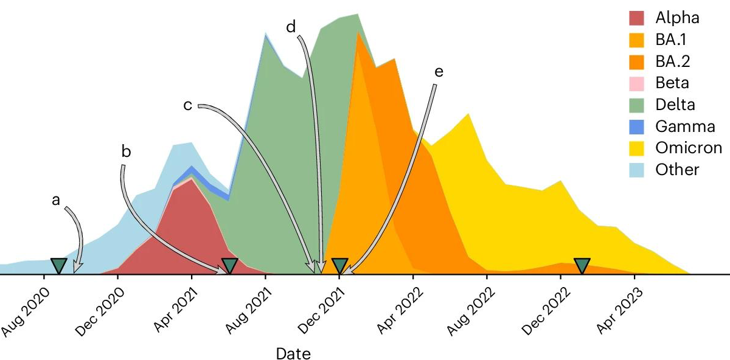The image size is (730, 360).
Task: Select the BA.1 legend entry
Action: coord(673,40)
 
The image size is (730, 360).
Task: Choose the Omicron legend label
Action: coord(689,148)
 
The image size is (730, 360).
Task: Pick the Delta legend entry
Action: coord(675,105)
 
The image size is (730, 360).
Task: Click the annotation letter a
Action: coord(56,199)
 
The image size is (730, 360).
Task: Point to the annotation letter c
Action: coord(188,105)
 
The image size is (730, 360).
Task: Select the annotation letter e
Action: coord(439,72)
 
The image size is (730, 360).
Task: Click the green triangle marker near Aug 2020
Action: coord(58,265)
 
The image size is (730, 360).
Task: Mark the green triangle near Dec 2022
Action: coord(582,265)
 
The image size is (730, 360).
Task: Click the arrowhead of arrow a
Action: coord(76,270)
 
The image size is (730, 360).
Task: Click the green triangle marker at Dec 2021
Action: coord(340,265)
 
